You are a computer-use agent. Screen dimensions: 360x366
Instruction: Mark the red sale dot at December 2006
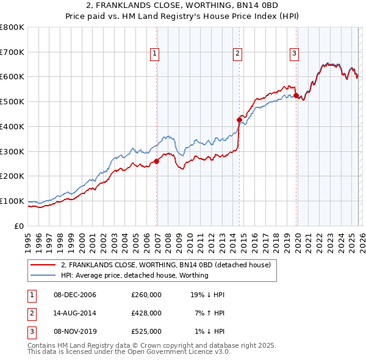point(157,161)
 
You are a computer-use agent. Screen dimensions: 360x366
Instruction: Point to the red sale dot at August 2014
point(239,120)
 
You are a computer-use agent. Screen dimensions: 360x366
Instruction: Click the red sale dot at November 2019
point(296,95)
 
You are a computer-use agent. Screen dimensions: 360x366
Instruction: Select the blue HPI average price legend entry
point(134,275)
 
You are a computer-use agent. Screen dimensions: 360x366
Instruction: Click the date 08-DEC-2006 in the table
point(75,295)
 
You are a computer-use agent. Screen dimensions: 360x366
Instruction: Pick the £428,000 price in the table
point(146,313)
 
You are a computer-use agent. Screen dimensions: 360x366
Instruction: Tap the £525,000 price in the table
point(146,331)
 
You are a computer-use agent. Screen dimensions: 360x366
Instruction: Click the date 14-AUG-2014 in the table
point(75,313)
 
